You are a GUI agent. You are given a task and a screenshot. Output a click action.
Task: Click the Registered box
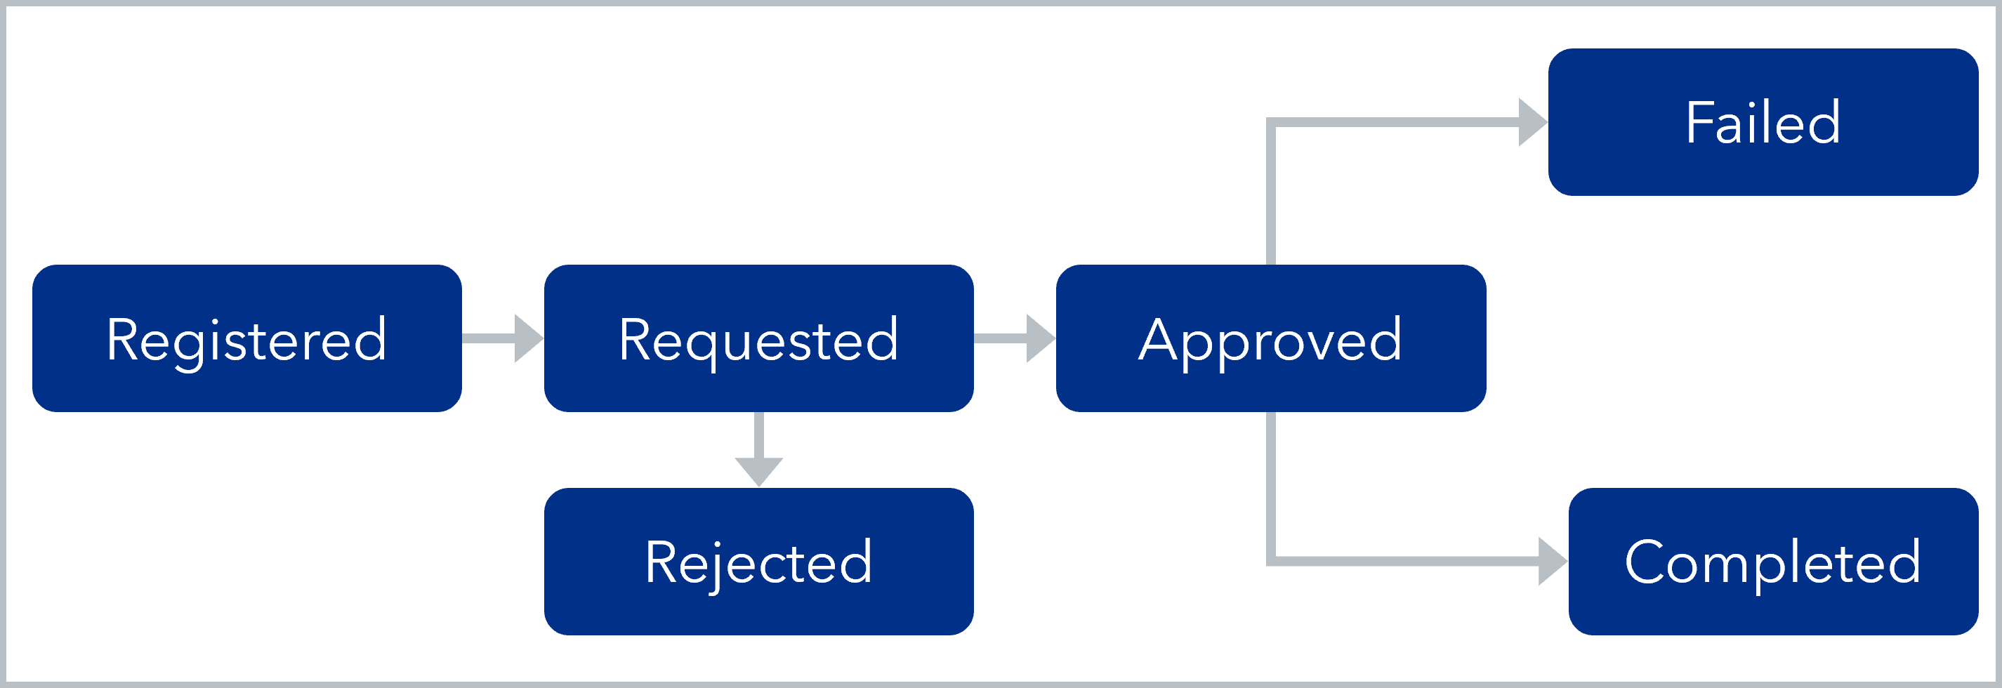click(246, 338)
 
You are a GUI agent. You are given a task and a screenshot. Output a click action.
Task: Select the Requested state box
click(758, 338)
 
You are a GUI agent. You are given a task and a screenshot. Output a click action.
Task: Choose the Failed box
click(1762, 122)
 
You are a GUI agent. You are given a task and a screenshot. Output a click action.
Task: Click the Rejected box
click(758, 562)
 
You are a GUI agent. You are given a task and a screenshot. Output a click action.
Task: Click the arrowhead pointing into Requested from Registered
click(529, 338)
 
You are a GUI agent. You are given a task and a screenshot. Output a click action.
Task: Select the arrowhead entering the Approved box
click(1041, 338)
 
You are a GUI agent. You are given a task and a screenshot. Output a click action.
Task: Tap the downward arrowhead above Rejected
click(758, 471)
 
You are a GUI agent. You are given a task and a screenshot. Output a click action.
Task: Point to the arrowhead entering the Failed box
click(1533, 122)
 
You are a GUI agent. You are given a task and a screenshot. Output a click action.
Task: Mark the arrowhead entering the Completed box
click(1552, 562)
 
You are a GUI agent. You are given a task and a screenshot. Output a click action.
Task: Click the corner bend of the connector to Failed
click(1272, 123)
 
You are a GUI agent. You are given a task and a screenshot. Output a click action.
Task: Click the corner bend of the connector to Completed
click(1272, 560)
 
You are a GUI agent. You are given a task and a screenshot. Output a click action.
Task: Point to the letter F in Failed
click(1699, 123)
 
